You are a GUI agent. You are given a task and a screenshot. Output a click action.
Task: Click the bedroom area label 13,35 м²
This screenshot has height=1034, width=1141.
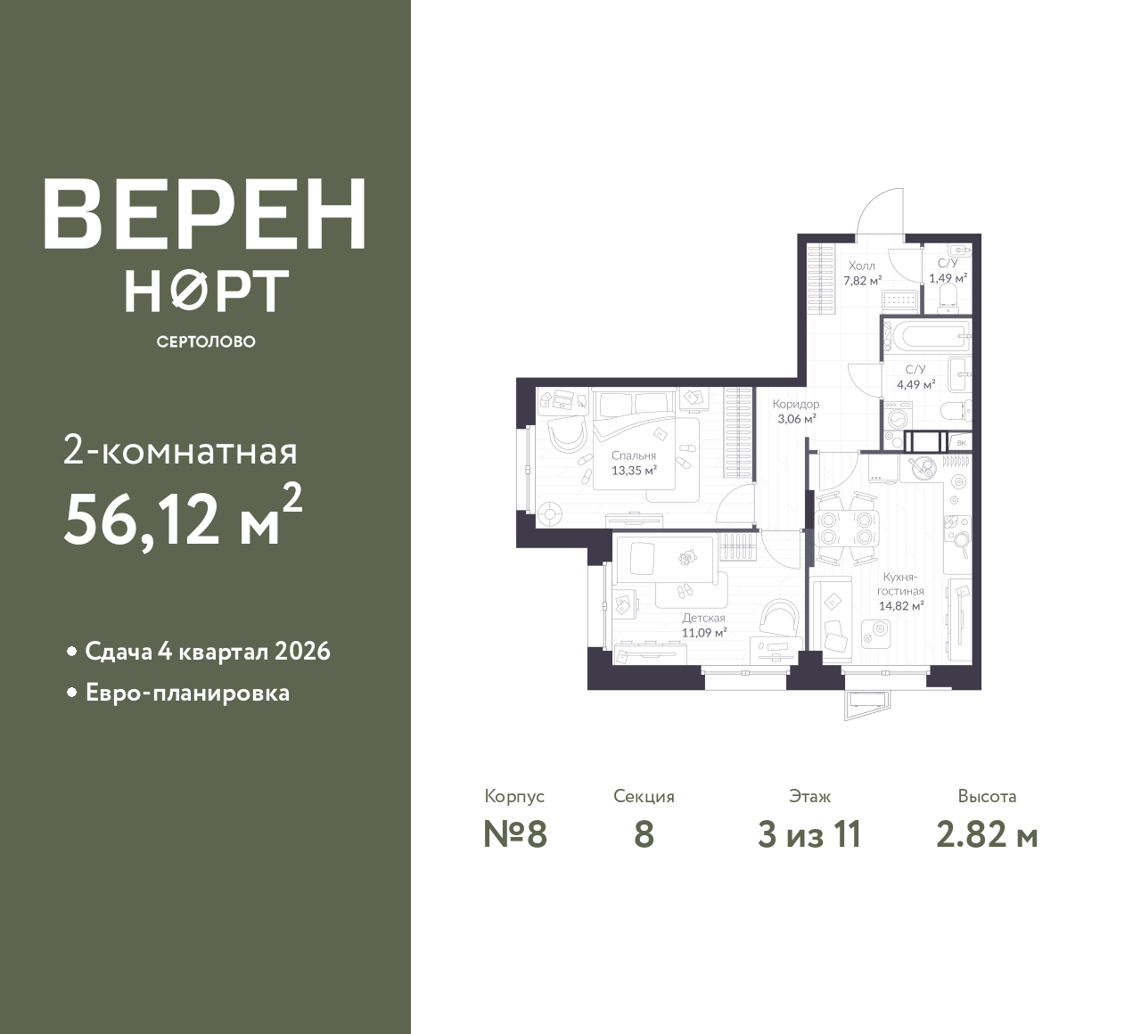[634, 471]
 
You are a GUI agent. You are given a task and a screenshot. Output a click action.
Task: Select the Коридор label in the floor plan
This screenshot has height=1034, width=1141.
[796, 404]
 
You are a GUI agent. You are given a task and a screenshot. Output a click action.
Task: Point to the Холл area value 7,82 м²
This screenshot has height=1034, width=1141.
[862, 281]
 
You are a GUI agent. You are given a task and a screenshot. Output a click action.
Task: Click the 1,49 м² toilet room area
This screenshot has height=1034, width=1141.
[948, 278]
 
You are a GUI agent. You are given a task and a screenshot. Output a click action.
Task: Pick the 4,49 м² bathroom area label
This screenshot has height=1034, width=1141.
[915, 384]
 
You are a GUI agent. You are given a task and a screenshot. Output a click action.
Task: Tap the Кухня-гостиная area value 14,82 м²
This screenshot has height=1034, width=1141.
[901, 606]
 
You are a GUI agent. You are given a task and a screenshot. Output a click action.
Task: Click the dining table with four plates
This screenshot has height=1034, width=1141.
[846, 528]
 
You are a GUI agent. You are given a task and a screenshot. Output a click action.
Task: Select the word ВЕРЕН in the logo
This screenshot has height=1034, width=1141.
[205, 214]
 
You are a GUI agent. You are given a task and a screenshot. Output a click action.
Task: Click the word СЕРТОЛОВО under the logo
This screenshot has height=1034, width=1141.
[206, 341]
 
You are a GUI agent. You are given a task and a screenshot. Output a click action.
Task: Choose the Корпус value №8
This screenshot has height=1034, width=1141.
[515, 835]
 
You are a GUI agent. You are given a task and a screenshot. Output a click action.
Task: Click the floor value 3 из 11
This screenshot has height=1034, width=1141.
[809, 835]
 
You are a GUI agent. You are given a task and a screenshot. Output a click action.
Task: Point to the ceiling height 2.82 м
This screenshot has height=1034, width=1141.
[988, 835]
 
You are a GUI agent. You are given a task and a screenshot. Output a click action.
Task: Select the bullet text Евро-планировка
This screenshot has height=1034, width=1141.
[188, 693]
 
